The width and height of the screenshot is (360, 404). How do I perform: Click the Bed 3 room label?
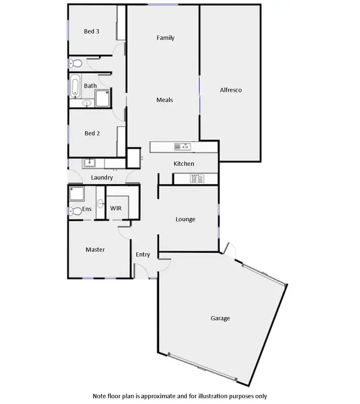click(92, 32)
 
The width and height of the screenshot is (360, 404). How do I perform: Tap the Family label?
click(166, 38)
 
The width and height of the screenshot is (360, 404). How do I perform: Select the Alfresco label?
click(230, 90)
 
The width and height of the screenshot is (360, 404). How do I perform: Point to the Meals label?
click(165, 100)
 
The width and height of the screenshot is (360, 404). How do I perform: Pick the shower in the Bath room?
click(102, 98)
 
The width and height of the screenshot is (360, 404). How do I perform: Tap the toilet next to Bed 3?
click(75, 63)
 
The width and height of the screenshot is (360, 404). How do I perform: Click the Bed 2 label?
click(92, 133)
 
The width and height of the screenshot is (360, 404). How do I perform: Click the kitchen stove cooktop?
click(197, 179)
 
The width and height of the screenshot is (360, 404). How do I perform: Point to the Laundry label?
click(102, 177)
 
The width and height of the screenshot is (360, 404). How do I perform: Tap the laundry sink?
click(89, 163)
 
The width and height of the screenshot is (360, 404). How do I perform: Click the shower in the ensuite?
click(76, 194)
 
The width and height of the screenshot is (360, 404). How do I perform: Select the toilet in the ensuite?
click(74, 210)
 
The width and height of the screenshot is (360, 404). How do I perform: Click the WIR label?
click(116, 209)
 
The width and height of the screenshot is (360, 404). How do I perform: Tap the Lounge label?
click(185, 219)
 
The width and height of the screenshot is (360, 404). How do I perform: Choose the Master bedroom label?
click(95, 249)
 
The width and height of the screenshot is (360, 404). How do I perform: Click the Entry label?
click(143, 255)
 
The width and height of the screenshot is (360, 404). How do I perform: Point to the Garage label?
click(220, 318)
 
